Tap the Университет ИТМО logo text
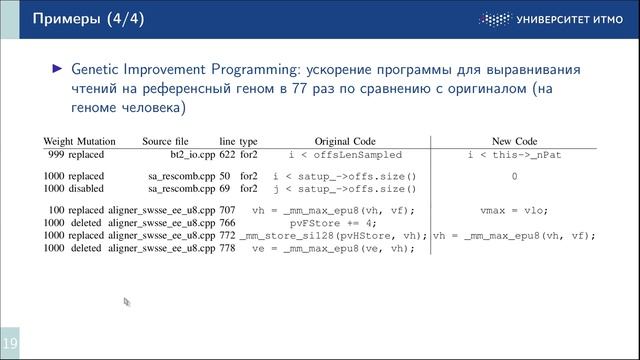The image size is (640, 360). click(572, 19)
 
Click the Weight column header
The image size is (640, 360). click(61, 142)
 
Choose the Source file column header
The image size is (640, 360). click(169, 142)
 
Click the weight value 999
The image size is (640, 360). click(56, 155)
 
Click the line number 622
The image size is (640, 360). click(228, 155)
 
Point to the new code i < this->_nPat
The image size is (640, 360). click(514, 155)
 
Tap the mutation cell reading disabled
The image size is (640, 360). click(89, 188)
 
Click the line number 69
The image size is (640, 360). click(225, 188)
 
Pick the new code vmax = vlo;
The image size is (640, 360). click(514, 210)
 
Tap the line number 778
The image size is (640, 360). click(228, 248)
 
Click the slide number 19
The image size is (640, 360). click(9, 345)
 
